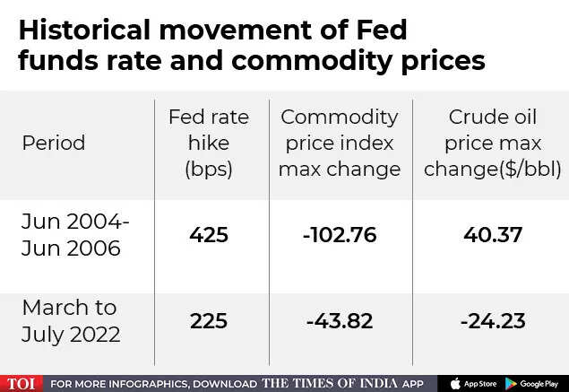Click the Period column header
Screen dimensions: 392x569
click(x=54, y=144)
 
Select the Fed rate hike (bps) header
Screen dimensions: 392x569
click(x=209, y=144)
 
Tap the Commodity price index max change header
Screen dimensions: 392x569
click(x=340, y=144)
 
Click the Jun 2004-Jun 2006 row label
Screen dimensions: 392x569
click(x=75, y=236)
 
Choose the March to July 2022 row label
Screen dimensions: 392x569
click(x=70, y=320)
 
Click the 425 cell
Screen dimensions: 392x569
click(x=209, y=236)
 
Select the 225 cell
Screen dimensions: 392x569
click(x=209, y=320)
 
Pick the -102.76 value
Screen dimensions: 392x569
click(x=339, y=236)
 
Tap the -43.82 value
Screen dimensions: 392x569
click(x=339, y=320)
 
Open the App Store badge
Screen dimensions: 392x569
click(x=473, y=383)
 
